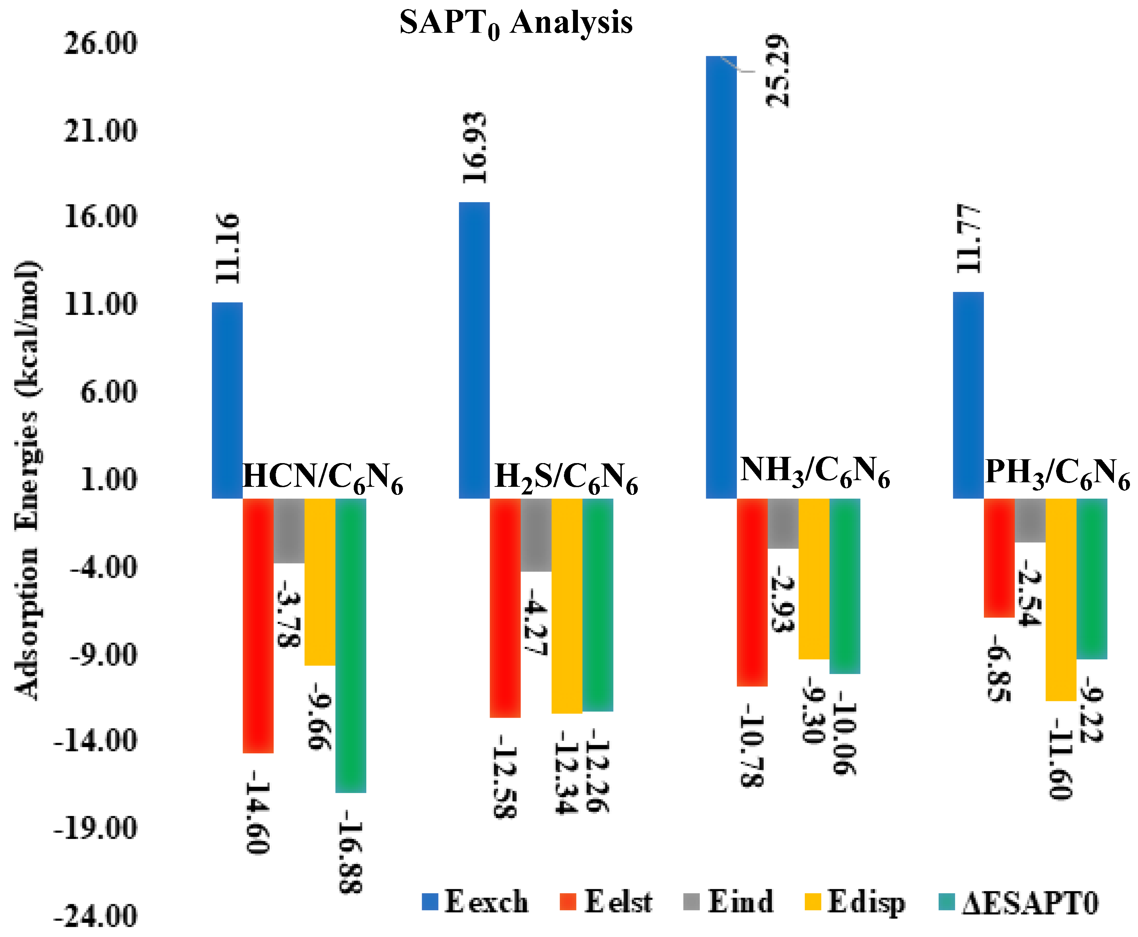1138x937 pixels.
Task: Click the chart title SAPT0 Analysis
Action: coord(515,23)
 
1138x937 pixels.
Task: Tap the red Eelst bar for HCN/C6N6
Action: coord(258,625)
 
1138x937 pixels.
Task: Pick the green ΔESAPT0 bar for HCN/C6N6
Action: coord(351,645)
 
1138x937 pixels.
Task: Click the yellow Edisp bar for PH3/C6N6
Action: coord(1061,599)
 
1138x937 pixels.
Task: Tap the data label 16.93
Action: coord(475,148)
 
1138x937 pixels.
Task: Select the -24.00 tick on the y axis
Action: coord(96,916)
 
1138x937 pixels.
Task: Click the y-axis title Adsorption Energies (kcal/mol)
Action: coord(27,481)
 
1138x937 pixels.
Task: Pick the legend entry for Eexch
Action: coord(475,901)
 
